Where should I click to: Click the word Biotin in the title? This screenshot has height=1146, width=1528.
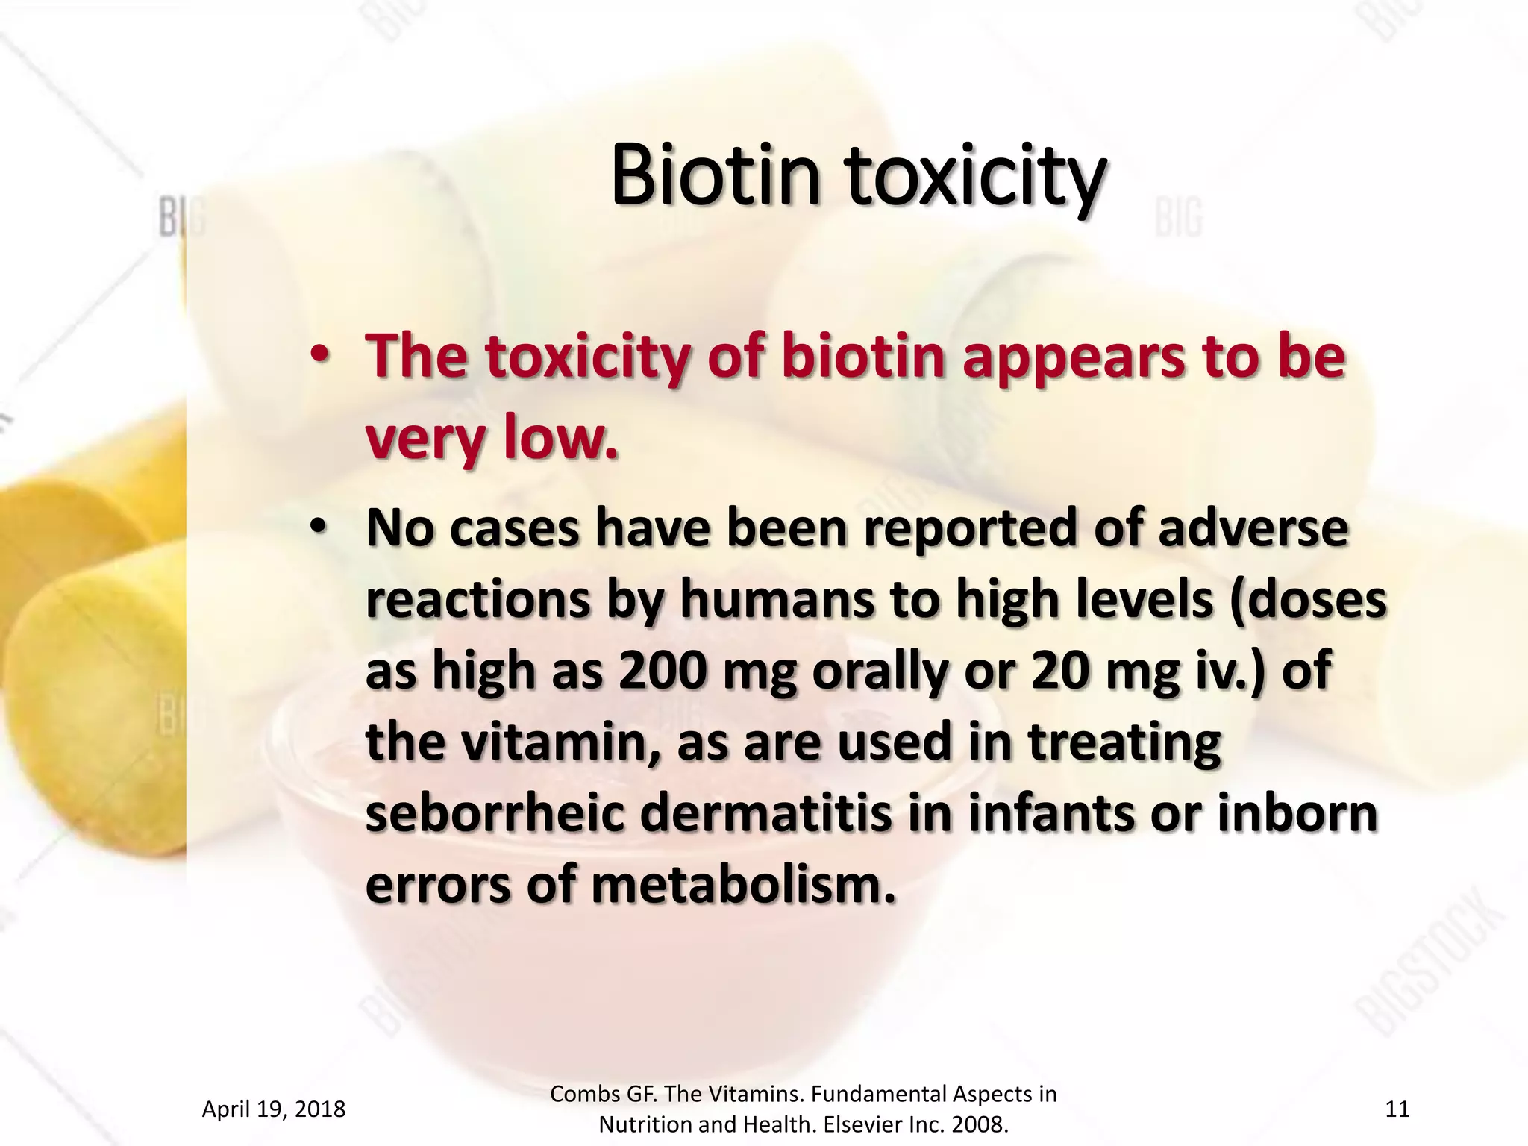715,175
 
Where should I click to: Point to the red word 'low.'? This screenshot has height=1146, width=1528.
561,437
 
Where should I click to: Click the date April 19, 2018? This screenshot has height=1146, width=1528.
274,1109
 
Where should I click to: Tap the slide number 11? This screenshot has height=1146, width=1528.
1397,1109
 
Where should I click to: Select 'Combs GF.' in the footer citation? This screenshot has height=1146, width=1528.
604,1094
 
